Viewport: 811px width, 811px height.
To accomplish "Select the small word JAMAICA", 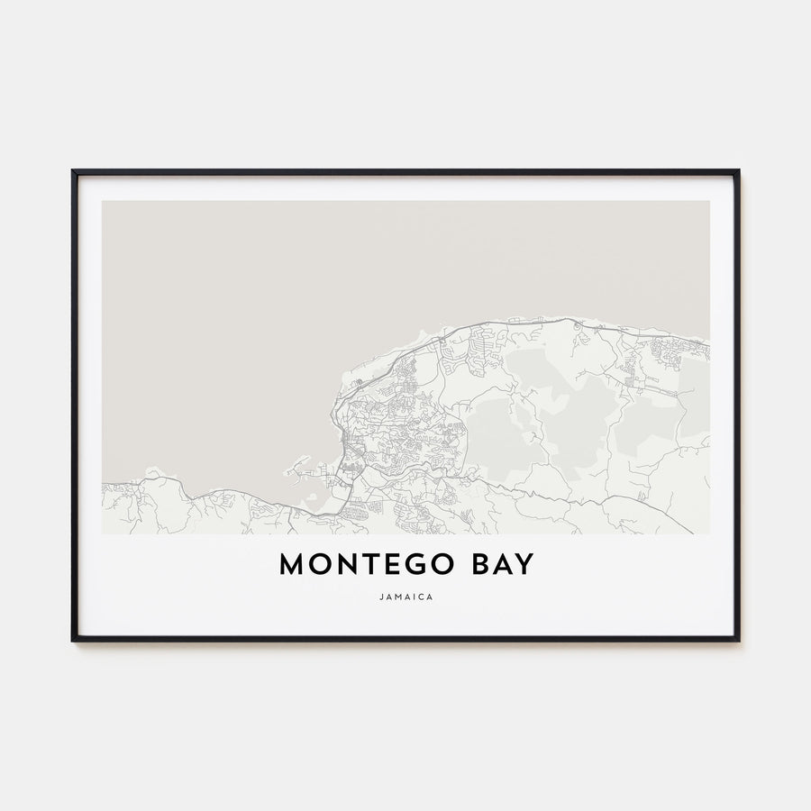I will click(405, 596).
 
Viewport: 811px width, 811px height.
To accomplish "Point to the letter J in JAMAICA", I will click(381, 596).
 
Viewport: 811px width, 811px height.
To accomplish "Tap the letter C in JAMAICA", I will click(421, 596).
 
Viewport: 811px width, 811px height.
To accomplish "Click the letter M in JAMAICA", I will click(397, 596).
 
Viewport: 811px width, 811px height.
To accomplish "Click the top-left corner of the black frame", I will click(73, 170).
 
